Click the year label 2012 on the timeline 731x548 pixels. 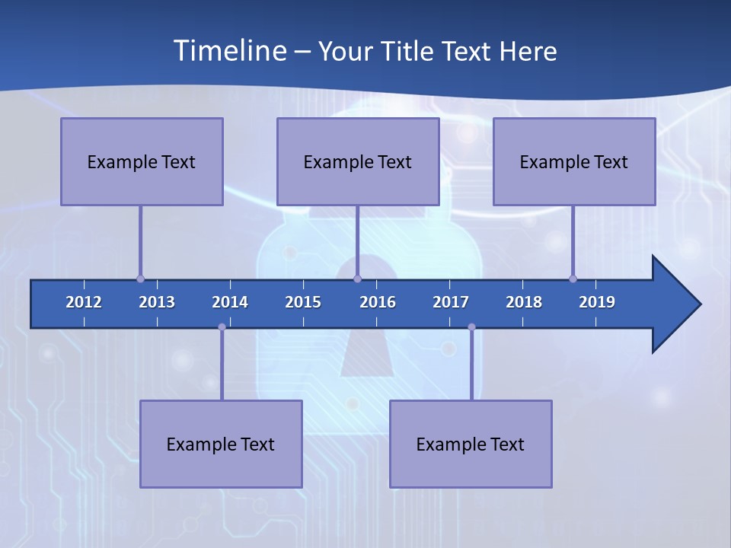[84, 302]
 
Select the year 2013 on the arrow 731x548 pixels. [157, 302]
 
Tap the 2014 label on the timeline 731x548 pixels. [230, 302]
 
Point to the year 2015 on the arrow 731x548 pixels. [303, 302]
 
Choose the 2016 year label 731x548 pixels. [378, 302]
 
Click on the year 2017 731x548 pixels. [451, 302]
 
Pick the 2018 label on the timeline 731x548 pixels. [524, 302]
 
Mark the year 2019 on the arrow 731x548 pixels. [597, 302]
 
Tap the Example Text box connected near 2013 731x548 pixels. [142, 161]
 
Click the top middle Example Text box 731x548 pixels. [358, 161]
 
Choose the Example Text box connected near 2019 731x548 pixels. [574, 161]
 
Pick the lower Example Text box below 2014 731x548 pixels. [221, 444]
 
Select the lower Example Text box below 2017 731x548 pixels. [471, 444]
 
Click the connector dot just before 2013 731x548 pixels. [140, 279]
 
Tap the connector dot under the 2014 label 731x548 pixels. [222, 327]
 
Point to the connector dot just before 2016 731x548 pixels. [358, 279]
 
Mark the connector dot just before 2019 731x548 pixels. [573, 279]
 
